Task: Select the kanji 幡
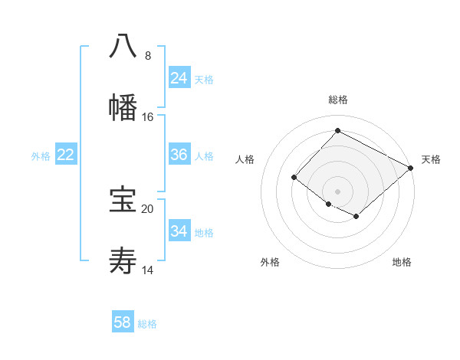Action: [123, 107]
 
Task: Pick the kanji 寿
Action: [123, 262]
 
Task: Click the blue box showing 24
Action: [179, 77]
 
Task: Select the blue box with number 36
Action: [179, 155]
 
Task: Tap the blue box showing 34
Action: [179, 231]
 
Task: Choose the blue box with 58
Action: [123, 322]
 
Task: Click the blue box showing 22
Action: [65, 155]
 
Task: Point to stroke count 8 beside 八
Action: [148, 56]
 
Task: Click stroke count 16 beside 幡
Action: [148, 117]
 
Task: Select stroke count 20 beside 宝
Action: [148, 208]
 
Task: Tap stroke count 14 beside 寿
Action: [148, 270]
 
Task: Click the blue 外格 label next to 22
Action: [41, 155]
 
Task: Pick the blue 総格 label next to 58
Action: [147, 324]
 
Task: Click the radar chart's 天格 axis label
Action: [431, 159]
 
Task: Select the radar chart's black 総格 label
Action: [338, 100]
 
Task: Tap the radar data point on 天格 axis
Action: [411, 168]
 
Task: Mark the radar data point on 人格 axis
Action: [294, 178]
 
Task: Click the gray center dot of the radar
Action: [338, 191]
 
